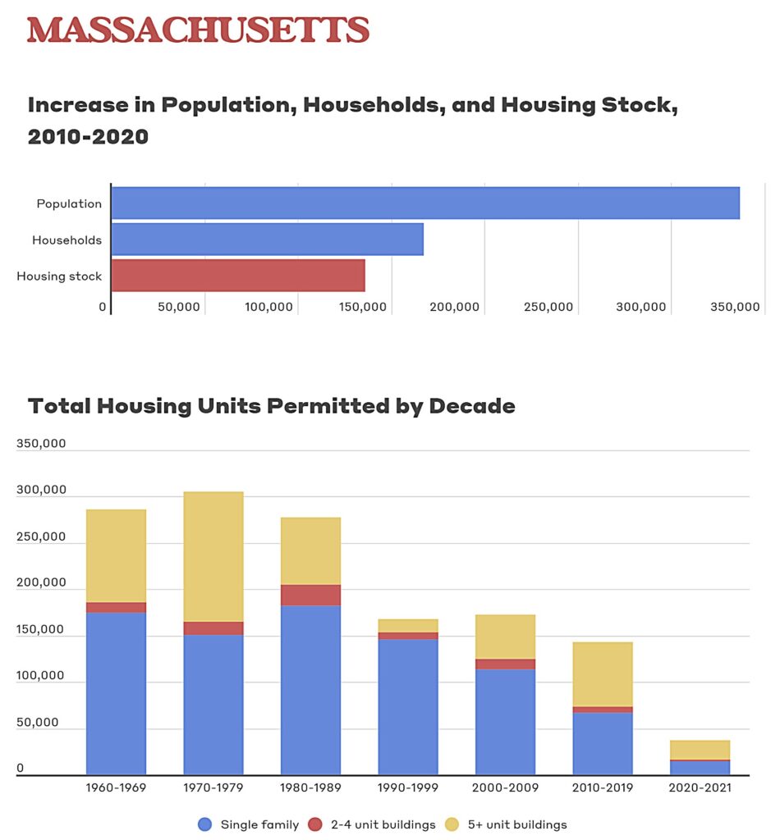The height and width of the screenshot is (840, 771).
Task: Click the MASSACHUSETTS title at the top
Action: tap(198, 30)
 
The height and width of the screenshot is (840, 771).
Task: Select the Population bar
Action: tap(425, 203)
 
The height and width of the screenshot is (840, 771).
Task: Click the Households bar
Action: tap(267, 240)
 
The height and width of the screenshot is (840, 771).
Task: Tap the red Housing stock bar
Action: tap(238, 276)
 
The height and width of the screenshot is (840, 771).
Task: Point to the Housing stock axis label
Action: tap(59, 276)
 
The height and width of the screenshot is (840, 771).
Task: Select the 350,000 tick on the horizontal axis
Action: tap(734, 307)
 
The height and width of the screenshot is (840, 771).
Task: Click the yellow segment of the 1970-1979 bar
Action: tap(213, 556)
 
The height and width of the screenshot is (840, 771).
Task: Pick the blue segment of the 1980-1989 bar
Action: tap(310, 689)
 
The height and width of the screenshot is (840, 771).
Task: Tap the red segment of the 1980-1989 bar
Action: tap(310, 595)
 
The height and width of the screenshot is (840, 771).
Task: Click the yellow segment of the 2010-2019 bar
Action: tap(603, 674)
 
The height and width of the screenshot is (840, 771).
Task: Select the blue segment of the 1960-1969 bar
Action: tap(116, 693)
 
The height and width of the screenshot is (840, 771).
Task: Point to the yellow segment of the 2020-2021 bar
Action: tap(700, 750)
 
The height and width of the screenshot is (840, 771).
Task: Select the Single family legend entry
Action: tap(249, 824)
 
